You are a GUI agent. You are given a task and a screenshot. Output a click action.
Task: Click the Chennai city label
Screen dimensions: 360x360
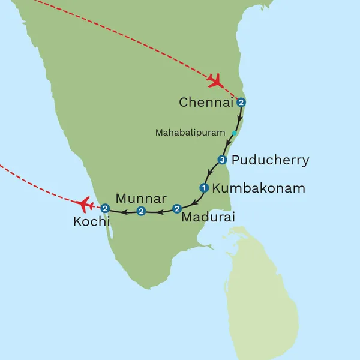[205, 103]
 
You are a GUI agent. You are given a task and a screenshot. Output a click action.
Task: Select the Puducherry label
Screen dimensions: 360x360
[270, 160]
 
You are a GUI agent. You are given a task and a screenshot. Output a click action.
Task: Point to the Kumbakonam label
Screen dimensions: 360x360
[259, 188]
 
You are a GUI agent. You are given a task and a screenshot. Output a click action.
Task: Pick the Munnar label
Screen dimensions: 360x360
[141, 198]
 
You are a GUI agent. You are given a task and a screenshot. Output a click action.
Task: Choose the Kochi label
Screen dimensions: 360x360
[92, 222]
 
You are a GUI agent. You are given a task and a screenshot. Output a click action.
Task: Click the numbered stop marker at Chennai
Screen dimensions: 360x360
[241, 103]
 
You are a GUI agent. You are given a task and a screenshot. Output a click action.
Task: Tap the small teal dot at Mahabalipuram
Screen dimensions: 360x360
[234, 133]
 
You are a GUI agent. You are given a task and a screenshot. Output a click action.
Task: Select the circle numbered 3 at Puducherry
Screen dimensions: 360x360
[222, 160]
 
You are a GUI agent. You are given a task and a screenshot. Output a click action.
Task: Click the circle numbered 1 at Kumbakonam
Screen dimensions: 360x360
[204, 188]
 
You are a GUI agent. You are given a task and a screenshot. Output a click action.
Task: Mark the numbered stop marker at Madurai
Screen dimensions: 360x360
[176, 209]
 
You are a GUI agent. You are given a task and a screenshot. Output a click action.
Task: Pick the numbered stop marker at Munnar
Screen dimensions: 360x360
[141, 211]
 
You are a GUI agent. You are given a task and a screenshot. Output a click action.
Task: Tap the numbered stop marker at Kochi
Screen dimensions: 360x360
[105, 209]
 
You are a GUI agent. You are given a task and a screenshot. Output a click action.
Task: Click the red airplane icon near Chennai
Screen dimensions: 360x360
[214, 80]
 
